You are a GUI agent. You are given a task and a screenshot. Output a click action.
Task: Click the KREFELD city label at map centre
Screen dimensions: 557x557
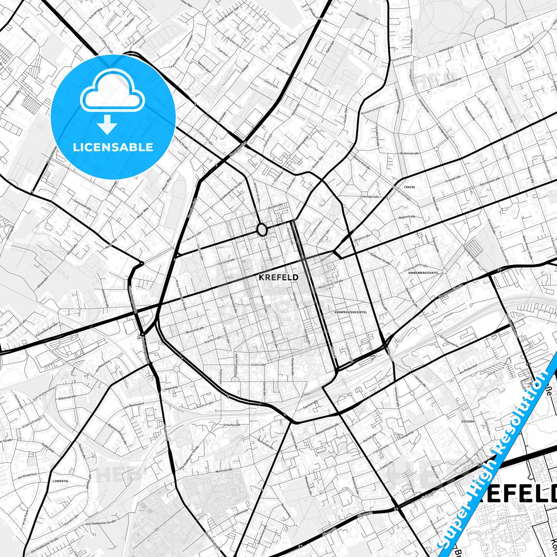[x=278, y=277]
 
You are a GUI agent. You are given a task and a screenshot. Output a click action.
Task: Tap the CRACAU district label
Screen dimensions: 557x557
[x=409, y=187]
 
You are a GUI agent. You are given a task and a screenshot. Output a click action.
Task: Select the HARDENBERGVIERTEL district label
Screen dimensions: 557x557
[x=424, y=273]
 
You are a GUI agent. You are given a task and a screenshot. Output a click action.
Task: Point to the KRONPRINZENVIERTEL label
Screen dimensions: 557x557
[x=351, y=311]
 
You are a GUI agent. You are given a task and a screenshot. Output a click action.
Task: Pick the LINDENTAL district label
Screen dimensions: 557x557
[x=61, y=481]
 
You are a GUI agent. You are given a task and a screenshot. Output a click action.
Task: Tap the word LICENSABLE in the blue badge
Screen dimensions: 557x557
[x=113, y=147]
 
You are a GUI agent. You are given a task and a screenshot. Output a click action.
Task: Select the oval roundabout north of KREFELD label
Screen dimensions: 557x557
[x=262, y=230]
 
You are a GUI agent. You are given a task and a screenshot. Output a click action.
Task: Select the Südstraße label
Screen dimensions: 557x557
[x=257, y=364]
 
